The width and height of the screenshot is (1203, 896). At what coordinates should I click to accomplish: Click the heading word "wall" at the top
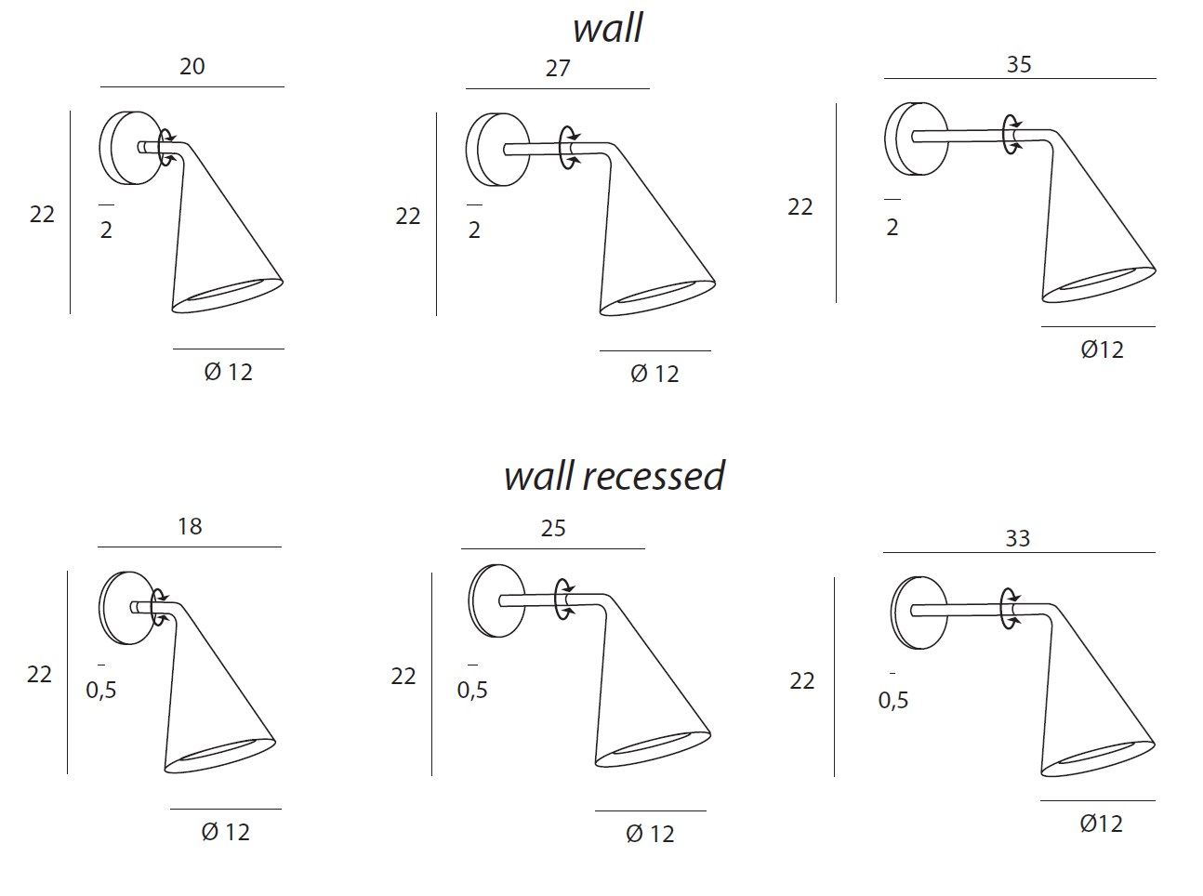(x=607, y=28)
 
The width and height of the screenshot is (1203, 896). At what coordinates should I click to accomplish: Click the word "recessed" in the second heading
(x=654, y=476)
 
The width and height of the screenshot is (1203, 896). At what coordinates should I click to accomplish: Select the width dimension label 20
(x=192, y=67)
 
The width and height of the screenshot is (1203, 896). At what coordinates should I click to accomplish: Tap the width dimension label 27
(x=558, y=69)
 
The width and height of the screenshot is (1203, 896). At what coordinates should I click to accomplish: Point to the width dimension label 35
(x=1019, y=65)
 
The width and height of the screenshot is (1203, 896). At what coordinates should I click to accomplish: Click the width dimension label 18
(x=190, y=527)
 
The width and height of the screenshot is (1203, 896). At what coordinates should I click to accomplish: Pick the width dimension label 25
(x=553, y=529)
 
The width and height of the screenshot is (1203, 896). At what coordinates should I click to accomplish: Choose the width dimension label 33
(x=1018, y=539)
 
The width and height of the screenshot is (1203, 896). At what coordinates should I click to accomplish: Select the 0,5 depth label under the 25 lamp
(x=472, y=691)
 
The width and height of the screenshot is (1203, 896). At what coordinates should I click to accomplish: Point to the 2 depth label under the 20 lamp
(x=106, y=230)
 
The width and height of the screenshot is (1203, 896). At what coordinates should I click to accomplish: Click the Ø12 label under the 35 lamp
(x=1103, y=350)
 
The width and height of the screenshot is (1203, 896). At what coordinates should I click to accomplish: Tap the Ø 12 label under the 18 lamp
(x=226, y=832)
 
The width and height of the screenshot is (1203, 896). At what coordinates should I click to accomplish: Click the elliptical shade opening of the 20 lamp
(x=229, y=294)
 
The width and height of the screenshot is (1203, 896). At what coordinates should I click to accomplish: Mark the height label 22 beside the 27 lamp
(x=408, y=217)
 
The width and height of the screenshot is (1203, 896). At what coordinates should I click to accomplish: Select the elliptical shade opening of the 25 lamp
(x=652, y=749)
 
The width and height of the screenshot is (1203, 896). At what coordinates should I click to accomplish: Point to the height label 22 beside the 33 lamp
(x=802, y=681)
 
